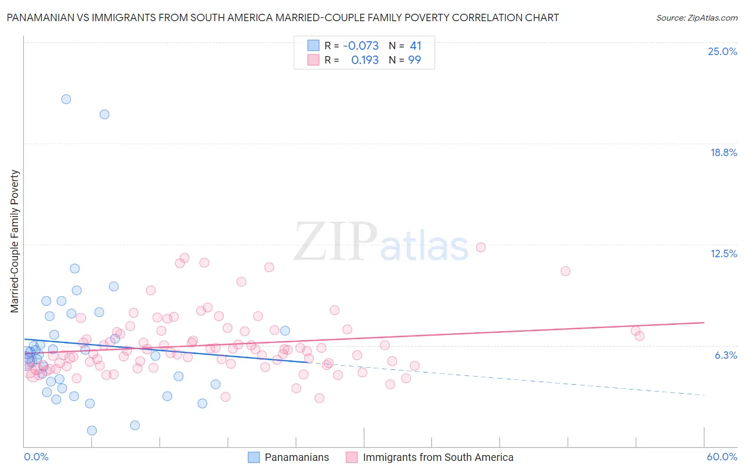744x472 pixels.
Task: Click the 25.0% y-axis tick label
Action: [722, 51]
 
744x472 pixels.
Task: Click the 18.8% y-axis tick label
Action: [723, 152]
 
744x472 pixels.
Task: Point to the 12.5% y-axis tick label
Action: [723, 253]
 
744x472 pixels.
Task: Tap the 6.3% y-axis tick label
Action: [725, 355]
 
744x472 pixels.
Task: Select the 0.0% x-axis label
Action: [36, 457]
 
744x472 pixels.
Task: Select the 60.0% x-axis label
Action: [721, 457]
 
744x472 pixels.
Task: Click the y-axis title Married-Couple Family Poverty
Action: [15, 241]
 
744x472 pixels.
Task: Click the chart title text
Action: [283, 18]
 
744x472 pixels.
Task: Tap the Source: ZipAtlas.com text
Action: [696, 18]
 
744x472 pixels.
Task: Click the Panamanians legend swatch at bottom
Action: [254, 457]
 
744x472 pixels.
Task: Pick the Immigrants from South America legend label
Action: [438, 457]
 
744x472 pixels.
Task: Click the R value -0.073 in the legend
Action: [361, 46]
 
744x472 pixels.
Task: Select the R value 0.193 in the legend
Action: [365, 60]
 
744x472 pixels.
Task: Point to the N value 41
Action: [415, 46]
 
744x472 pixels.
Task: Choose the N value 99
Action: [414, 60]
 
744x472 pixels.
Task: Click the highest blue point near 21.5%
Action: [66, 99]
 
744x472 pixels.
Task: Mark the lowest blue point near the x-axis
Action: [92, 431]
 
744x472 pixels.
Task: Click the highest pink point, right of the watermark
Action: [480, 247]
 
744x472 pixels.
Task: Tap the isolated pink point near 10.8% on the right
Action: [565, 271]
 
